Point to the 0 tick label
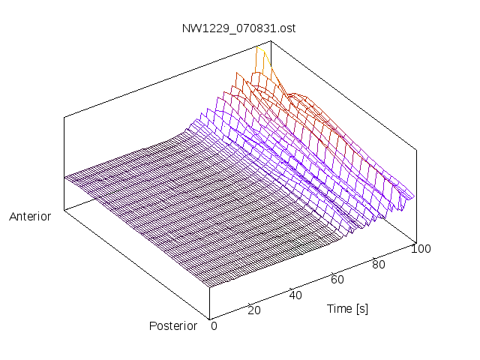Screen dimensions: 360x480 point(214,325)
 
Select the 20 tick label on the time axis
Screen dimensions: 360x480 point(253,310)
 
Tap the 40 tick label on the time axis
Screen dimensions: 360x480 point(295,295)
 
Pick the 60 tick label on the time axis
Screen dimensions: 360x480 point(337,280)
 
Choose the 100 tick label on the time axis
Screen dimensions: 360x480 point(421,249)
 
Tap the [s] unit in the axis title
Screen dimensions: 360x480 point(361,308)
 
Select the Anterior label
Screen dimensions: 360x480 point(30,217)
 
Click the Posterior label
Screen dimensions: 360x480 point(173,325)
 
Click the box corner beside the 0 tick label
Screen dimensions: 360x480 point(209,317)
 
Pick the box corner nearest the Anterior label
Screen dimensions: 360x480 point(64,209)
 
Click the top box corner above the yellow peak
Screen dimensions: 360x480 point(271,40)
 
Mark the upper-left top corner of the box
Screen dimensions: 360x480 point(64,116)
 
